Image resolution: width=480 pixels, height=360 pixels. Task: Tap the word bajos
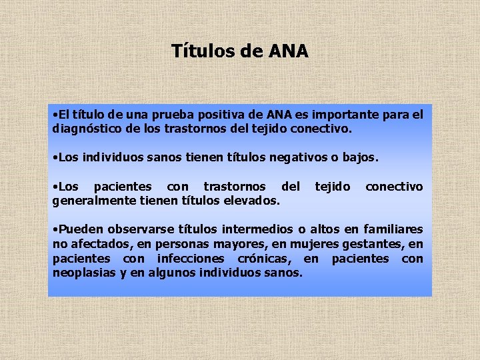[360, 158]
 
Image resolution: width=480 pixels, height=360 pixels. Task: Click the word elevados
[249, 200]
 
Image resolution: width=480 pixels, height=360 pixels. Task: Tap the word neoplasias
[83, 273]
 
